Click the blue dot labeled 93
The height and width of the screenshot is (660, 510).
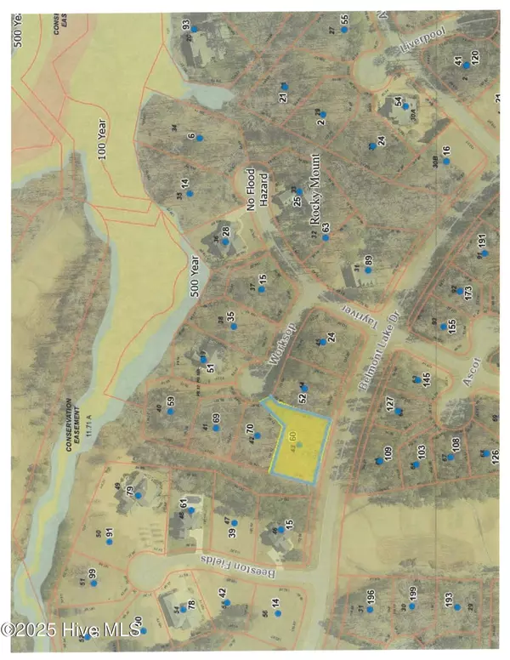tap(194, 29)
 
